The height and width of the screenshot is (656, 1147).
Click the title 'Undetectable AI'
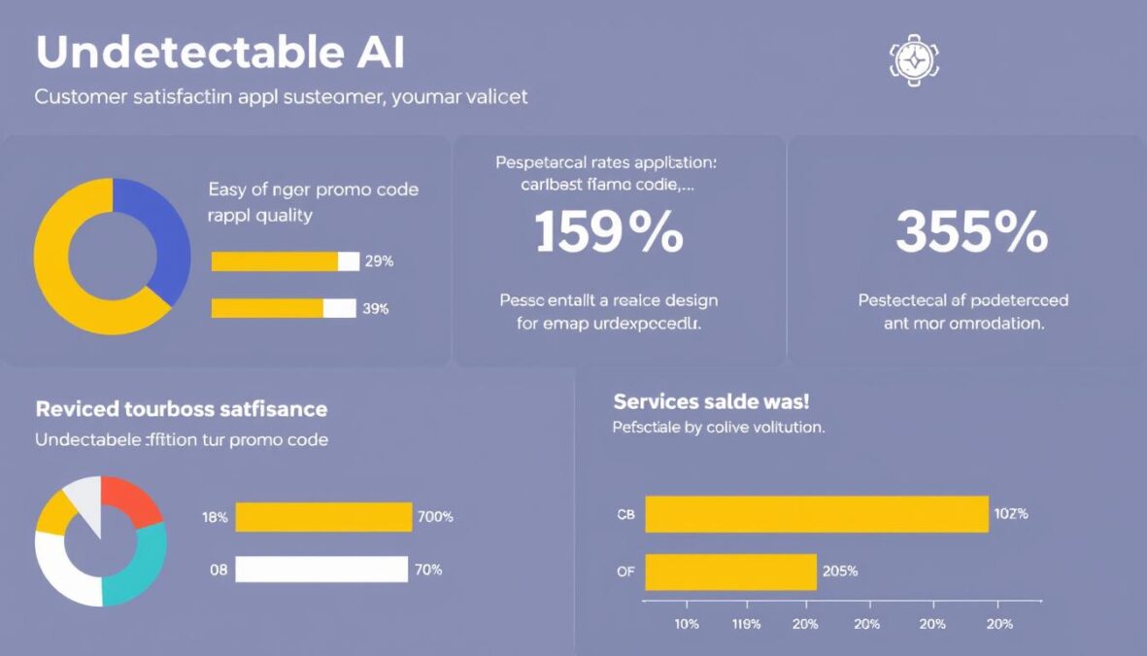tap(219, 54)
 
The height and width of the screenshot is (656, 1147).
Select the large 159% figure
tap(609, 234)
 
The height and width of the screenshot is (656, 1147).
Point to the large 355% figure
tap(971, 234)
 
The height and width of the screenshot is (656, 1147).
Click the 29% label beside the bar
tap(378, 261)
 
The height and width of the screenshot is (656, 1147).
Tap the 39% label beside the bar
tap(376, 309)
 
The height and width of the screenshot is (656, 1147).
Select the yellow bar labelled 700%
tap(323, 517)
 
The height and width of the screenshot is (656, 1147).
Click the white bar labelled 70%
tap(321, 570)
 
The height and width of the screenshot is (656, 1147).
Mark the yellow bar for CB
tap(816, 514)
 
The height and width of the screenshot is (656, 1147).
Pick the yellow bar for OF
tap(730, 571)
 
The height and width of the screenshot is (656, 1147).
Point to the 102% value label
tap(1010, 514)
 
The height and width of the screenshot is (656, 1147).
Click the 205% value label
tap(840, 571)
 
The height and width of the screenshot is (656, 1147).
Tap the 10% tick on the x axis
tap(686, 624)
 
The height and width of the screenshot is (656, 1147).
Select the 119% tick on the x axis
tap(746, 624)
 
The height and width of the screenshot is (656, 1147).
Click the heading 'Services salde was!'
tap(711, 401)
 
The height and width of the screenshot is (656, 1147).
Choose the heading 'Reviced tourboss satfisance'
tap(182, 409)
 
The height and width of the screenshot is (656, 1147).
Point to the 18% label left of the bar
tap(215, 517)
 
